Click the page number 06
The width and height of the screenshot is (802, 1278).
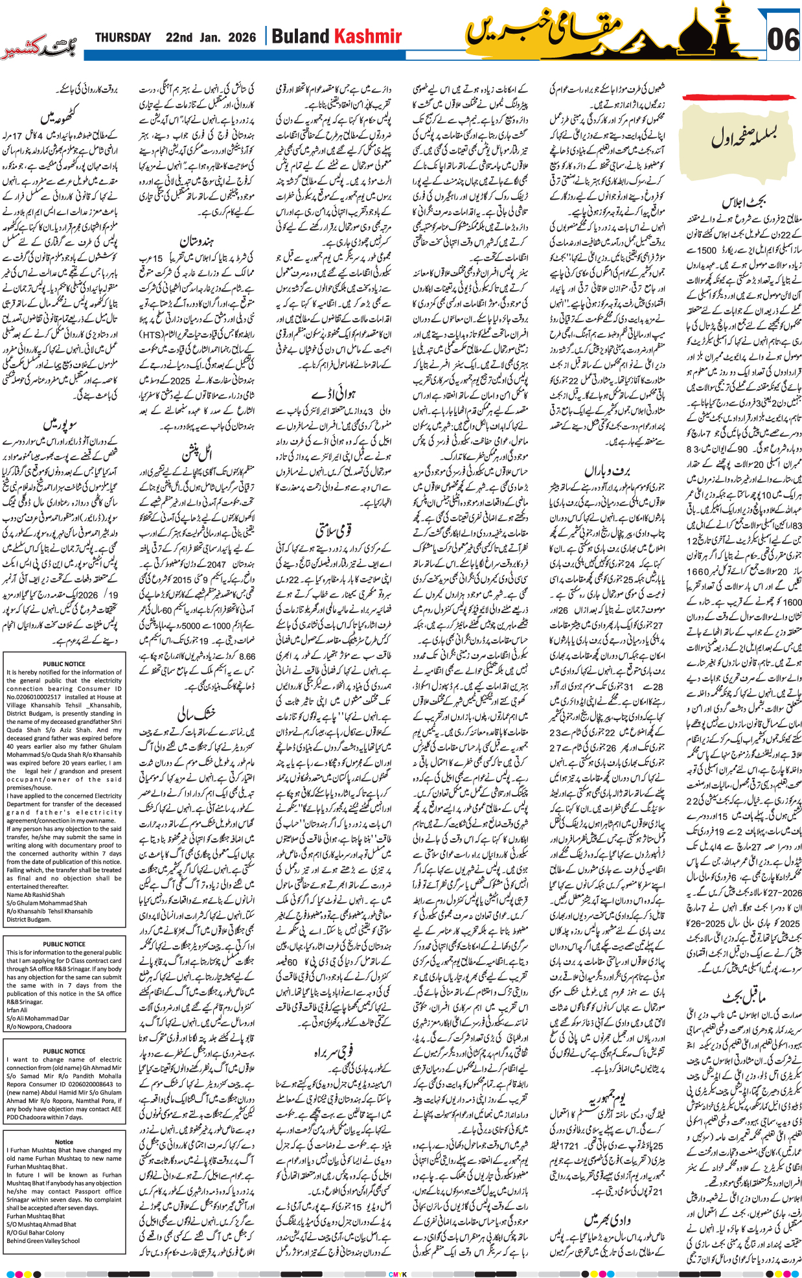tap(782, 40)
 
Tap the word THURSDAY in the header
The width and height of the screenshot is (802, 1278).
tap(123, 38)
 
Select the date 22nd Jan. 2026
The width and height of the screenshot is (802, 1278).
tap(211, 38)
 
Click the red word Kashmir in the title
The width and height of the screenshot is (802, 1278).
tap(367, 37)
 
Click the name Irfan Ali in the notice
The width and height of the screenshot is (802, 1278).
tap(17, 1010)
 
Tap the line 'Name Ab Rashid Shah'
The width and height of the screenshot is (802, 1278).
tap(36, 894)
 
